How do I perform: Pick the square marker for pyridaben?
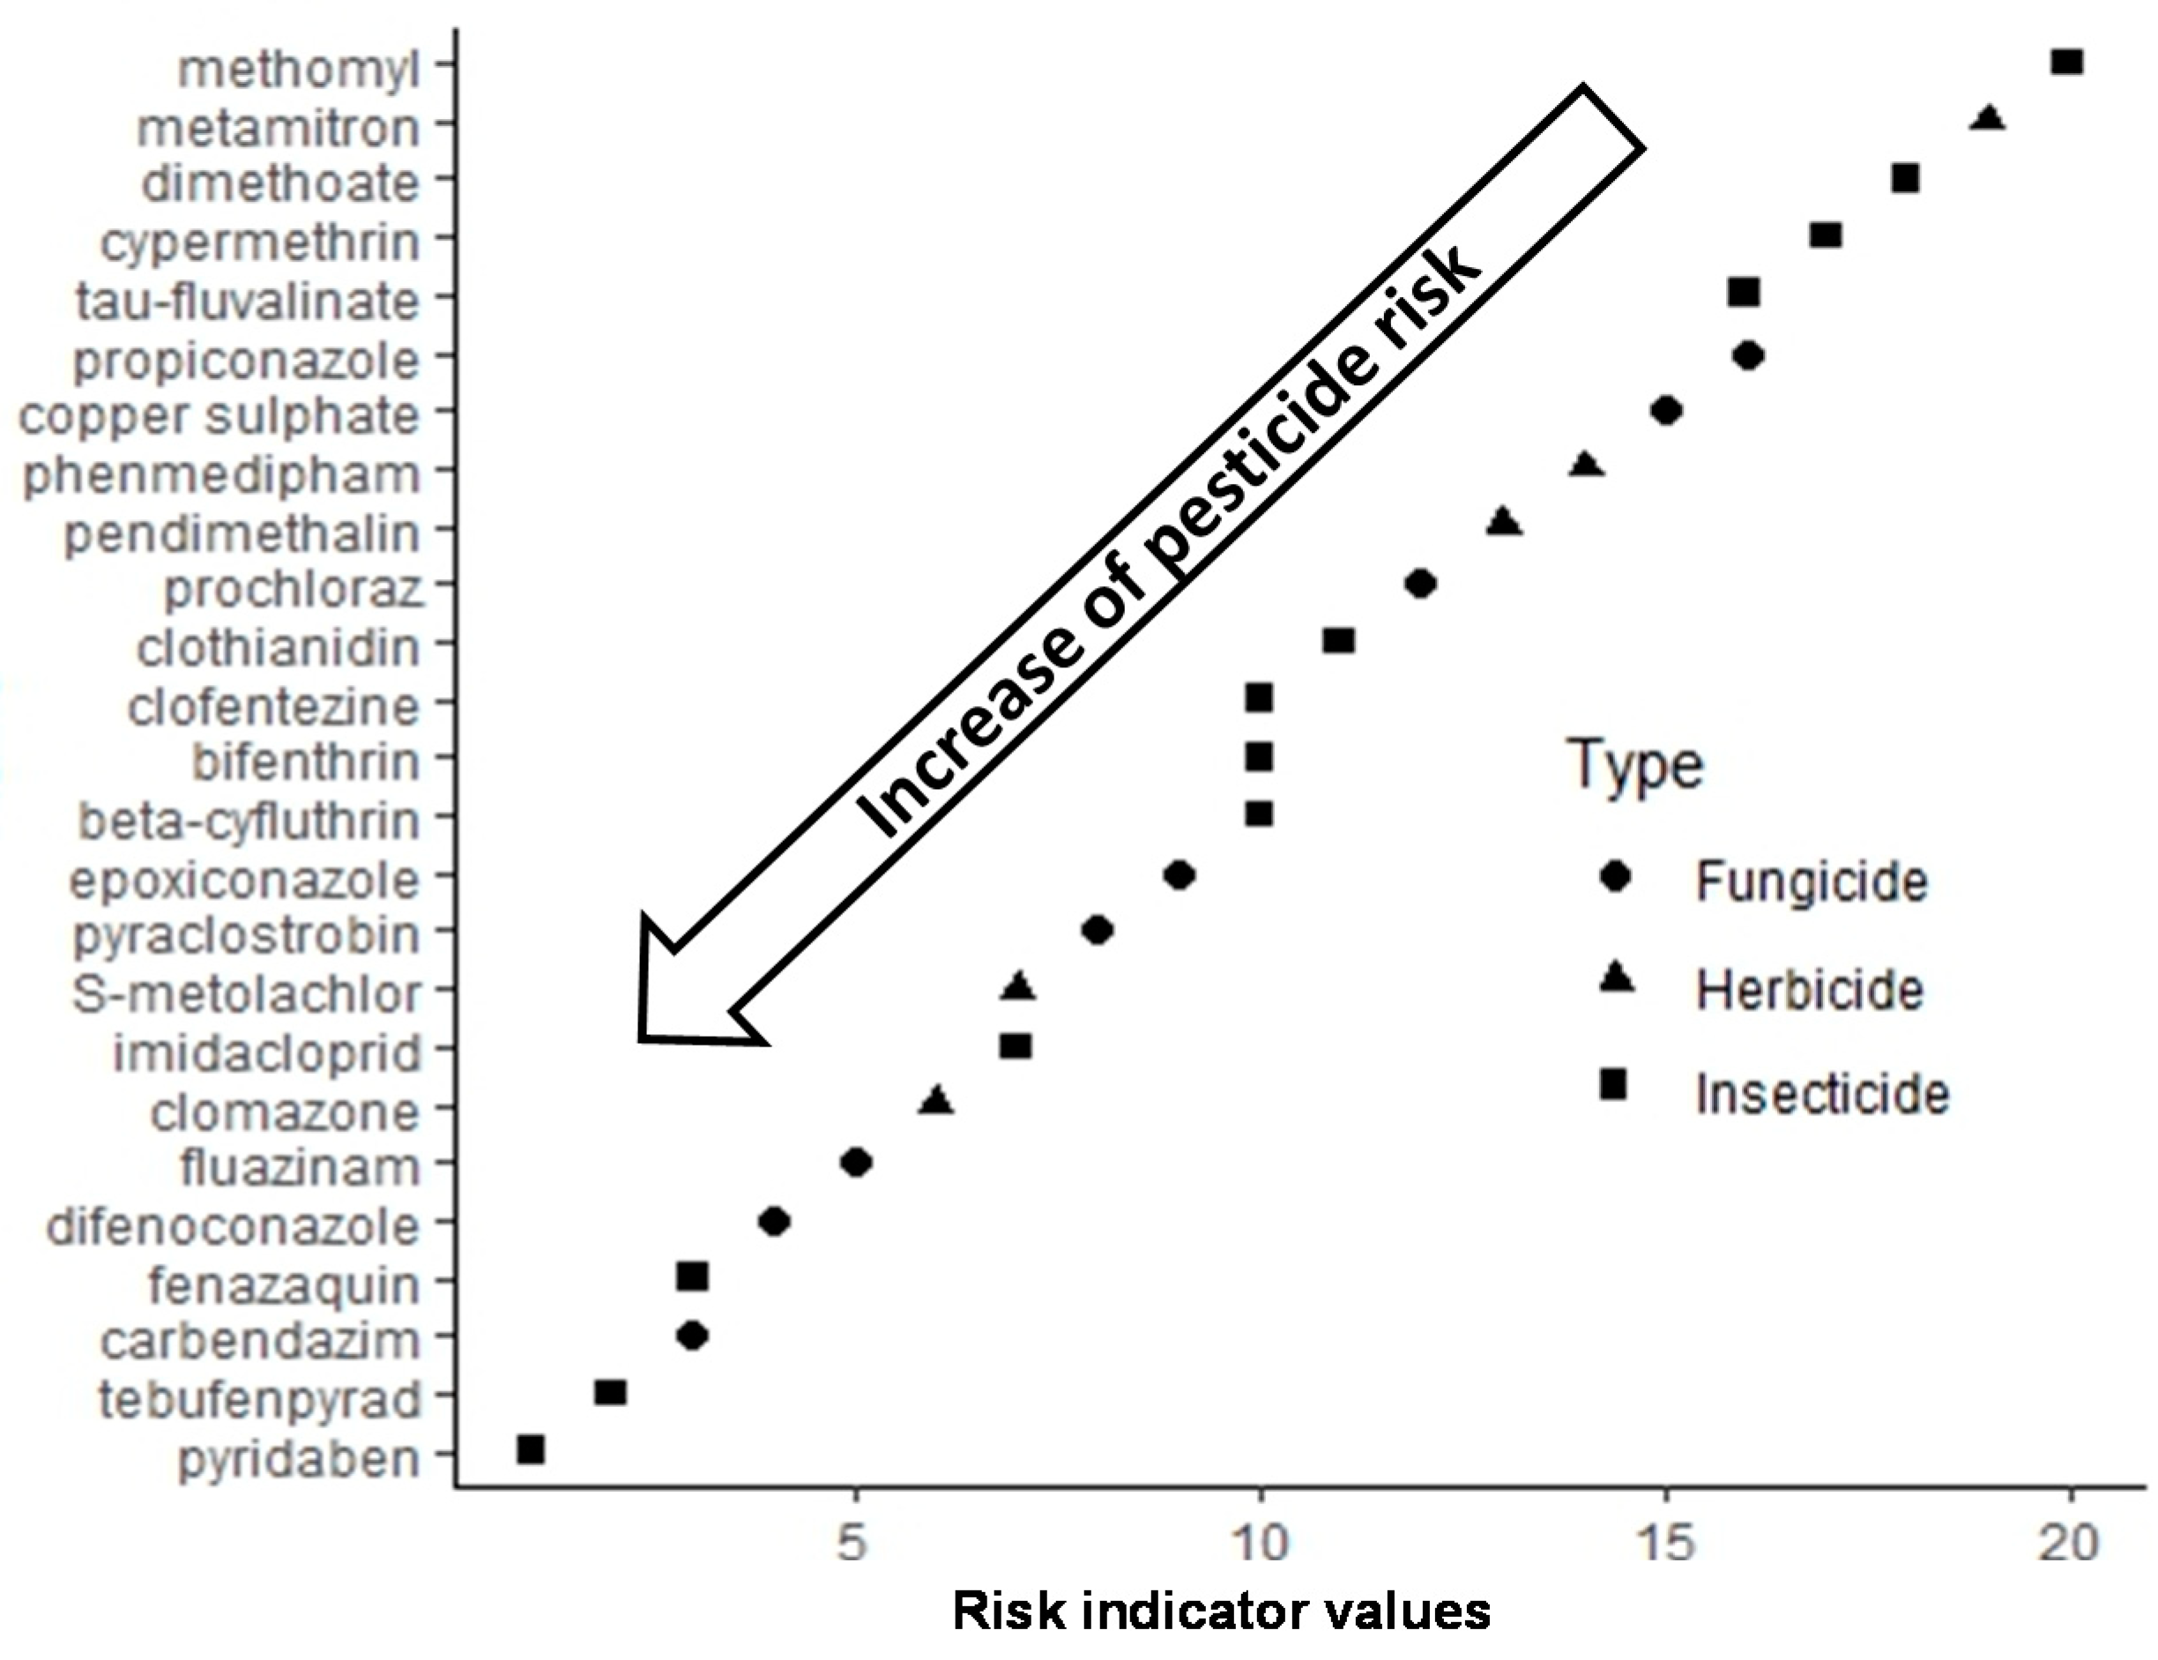click(x=531, y=1449)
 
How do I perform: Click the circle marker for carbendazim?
click(x=693, y=1336)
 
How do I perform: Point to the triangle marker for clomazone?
click(x=935, y=1099)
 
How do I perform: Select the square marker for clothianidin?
click(x=1338, y=640)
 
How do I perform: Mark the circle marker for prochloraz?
click(x=1420, y=584)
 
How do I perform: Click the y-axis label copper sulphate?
click(x=220, y=416)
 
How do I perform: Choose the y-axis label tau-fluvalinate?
click(x=248, y=301)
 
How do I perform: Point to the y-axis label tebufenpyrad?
click(x=260, y=1399)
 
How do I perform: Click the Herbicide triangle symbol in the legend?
click(x=1615, y=979)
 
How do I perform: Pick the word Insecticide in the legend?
click(x=1822, y=1094)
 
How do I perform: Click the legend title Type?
click(x=1635, y=766)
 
